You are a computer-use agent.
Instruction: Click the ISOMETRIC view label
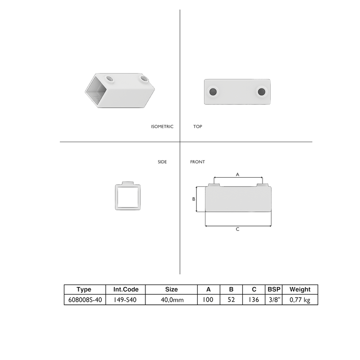(x=162, y=127)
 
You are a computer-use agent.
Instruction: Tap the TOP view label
(x=198, y=127)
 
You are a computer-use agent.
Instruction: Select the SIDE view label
(x=162, y=162)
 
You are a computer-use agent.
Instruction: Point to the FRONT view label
(x=197, y=162)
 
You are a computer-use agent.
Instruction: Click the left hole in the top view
(x=213, y=91)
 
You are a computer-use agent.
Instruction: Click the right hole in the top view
(x=262, y=91)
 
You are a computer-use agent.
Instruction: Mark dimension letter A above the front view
(x=238, y=175)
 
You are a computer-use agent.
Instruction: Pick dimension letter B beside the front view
(x=193, y=199)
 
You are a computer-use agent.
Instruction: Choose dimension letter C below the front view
(x=238, y=229)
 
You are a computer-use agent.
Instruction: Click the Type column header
(x=84, y=289)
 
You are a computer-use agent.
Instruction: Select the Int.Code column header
(x=126, y=289)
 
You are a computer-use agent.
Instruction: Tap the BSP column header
(x=274, y=289)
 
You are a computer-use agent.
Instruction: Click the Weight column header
(x=300, y=289)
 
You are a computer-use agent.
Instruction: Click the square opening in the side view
(x=126, y=196)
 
